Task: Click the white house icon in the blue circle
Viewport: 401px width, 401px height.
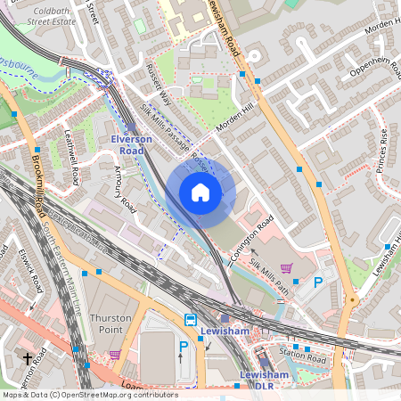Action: [x=200, y=192]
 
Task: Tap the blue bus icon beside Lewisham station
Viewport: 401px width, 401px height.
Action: [x=190, y=321]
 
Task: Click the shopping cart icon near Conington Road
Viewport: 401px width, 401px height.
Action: [x=286, y=267]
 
